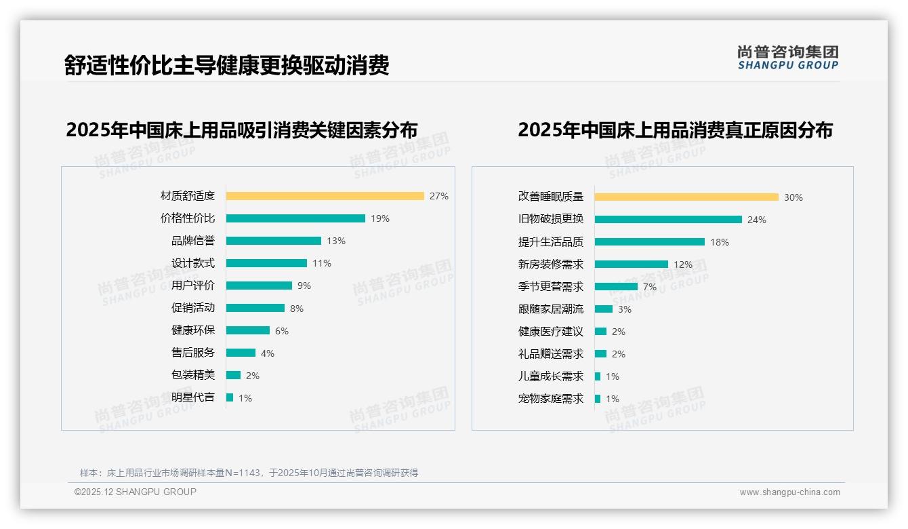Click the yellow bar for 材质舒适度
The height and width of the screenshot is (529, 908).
325,196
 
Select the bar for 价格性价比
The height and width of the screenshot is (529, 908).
295,218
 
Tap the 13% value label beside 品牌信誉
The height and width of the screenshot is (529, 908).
336,241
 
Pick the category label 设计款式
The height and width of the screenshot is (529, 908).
192,263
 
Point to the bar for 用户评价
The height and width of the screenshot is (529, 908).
259,286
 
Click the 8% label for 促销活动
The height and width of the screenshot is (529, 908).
297,309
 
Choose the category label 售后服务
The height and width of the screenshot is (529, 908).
192,353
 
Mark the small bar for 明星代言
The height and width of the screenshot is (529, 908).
230,397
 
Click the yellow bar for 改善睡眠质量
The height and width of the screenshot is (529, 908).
686,197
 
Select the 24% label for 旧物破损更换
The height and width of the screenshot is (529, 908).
757,220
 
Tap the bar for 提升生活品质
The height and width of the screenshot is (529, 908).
650,242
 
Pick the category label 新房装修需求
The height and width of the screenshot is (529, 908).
550,264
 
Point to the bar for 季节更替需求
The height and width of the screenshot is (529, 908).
616,287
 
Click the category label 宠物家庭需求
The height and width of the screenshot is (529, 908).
550,399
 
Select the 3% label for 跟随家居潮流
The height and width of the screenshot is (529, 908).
625,309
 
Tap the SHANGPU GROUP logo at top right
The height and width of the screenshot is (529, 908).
787,58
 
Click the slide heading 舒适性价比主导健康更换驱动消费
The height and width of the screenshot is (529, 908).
226,65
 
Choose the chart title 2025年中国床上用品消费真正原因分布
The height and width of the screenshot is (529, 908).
675,130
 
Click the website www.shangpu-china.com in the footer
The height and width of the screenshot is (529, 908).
789,492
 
